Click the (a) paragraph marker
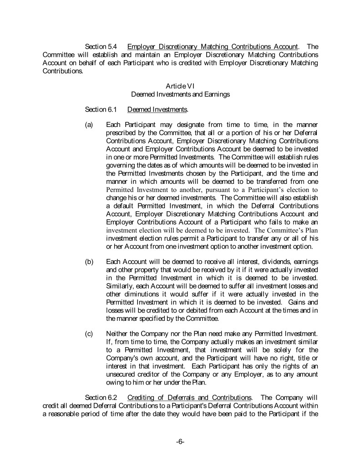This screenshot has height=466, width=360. (90, 124)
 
